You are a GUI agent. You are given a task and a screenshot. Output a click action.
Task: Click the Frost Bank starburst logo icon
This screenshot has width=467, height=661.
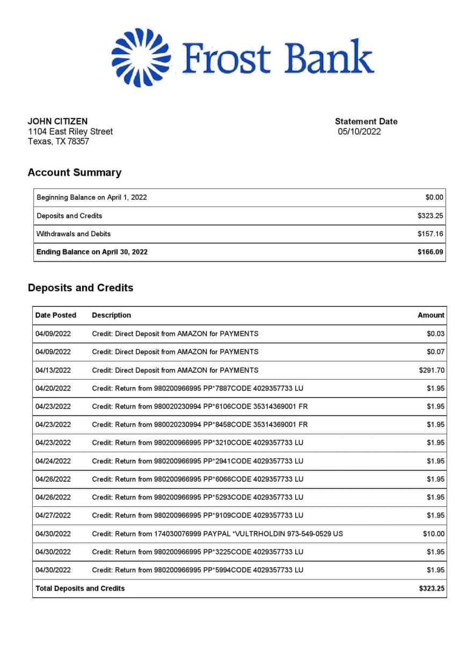point(141,57)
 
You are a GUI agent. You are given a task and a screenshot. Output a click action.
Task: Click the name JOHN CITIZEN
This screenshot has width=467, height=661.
point(57,121)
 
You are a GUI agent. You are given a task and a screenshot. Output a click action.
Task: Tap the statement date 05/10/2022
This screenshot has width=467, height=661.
point(359,132)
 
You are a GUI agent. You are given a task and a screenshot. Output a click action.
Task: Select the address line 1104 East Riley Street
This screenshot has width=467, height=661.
point(70,132)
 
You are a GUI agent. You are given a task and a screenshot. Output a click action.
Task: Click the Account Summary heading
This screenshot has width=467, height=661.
point(74,172)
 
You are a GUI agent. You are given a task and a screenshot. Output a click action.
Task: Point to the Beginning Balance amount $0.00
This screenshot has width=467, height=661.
point(434,198)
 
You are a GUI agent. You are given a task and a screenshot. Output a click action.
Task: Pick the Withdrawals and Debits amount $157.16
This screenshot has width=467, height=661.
point(430,234)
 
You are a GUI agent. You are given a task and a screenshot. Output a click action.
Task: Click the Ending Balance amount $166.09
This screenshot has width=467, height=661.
point(430,252)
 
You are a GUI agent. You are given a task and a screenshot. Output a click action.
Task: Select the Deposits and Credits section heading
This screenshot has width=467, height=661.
point(80,288)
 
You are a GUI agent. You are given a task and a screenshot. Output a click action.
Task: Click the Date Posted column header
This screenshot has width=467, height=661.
point(56,315)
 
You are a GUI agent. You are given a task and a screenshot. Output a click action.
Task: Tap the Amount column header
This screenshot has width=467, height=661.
point(431,315)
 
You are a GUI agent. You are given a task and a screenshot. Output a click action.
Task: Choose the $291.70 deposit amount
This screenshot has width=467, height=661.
point(432,370)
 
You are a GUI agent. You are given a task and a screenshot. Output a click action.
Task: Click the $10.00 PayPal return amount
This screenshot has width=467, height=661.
point(434,534)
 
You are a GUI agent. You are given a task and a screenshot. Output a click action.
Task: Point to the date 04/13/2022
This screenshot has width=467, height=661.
point(53,370)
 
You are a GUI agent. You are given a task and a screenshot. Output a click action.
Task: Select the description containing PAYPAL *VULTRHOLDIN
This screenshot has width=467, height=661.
point(217,534)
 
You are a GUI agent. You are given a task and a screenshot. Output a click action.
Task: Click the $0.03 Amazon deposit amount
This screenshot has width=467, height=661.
point(435,333)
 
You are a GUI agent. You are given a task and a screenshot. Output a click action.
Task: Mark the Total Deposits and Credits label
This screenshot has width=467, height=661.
point(80,589)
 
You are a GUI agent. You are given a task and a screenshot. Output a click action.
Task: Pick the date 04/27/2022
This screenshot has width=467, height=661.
point(53,515)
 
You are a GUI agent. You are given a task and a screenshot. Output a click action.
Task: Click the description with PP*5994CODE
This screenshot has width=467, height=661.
point(198,570)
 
